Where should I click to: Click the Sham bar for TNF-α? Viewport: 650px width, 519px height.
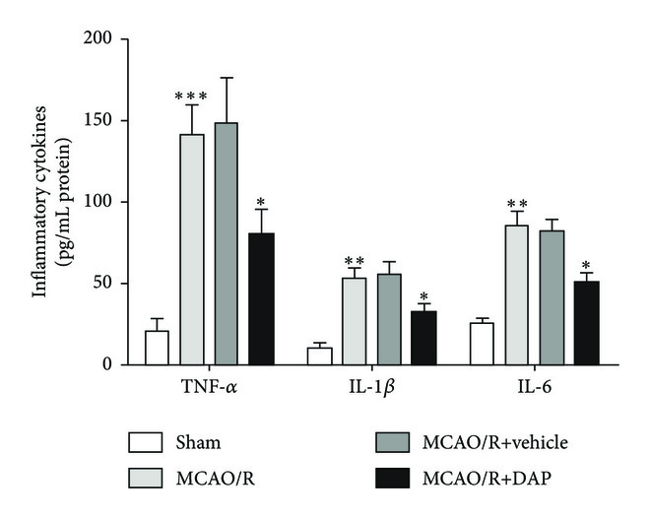(157, 348)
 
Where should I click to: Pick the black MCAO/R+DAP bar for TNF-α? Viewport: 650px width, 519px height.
(260, 299)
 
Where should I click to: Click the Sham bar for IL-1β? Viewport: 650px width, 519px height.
(320, 357)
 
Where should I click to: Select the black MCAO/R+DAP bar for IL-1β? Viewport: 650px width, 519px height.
(423, 338)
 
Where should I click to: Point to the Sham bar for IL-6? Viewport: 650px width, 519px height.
(483, 344)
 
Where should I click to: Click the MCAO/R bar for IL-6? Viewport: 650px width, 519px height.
(517, 295)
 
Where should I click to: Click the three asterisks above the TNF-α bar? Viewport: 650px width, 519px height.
(191, 97)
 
